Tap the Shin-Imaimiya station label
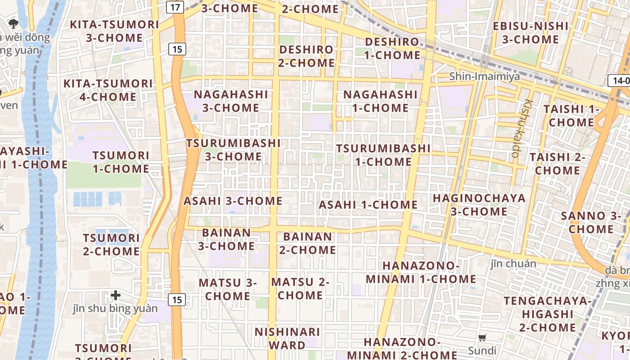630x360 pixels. point(485,76)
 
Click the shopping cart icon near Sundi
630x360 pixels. point(482,337)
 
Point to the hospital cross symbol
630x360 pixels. point(116,295)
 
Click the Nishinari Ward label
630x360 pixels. point(287,338)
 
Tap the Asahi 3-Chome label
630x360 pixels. point(233,201)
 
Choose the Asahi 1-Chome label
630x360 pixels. point(368,205)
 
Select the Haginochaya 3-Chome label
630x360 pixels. point(479,205)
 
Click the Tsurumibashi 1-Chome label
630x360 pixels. point(383,155)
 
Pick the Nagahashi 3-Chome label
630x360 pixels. point(231,101)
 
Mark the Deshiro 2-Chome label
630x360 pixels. point(306,56)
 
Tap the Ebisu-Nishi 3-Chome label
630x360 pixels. point(530,32)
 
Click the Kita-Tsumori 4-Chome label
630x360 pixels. point(108,90)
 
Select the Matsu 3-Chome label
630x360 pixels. point(227,289)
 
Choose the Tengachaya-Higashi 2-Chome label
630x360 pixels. point(547,314)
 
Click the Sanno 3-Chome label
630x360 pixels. point(591,222)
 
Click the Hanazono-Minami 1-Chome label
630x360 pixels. point(421,272)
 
